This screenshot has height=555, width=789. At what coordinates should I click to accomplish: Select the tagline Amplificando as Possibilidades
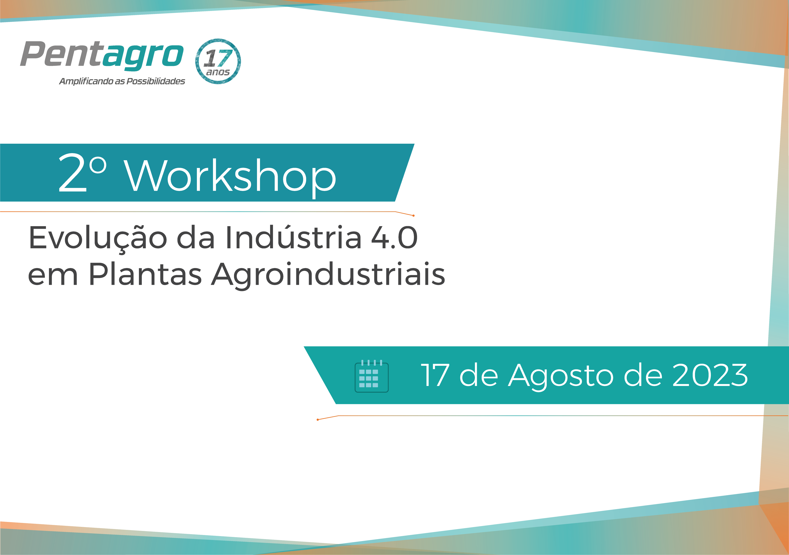pyautogui.click(x=122, y=81)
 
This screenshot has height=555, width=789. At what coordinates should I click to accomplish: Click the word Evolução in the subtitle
pyautogui.click(x=98, y=238)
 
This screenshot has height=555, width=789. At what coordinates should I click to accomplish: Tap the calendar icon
pyautogui.click(x=371, y=376)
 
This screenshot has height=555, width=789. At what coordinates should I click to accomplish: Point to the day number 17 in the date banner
pyautogui.click(x=435, y=375)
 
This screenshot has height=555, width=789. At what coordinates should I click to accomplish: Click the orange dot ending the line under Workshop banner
pyautogui.click(x=414, y=216)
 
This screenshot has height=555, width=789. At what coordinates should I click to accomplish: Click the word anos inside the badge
pyautogui.click(x=218, y=72)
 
